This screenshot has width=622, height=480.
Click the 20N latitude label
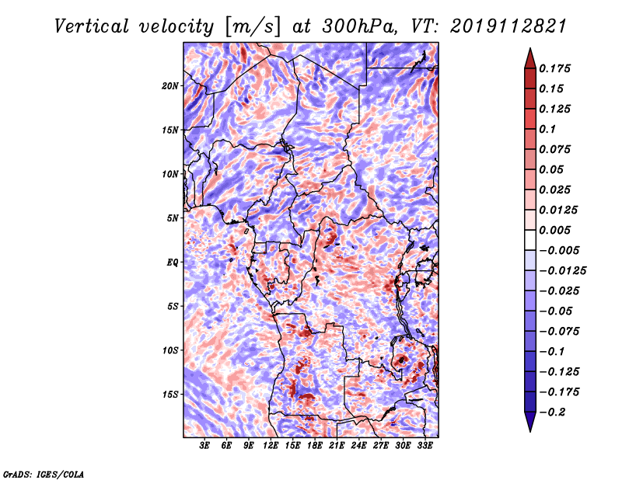[x=169, y=86]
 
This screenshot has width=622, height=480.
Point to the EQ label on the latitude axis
[x=173, y=263]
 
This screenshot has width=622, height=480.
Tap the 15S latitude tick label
[x=170, y=395]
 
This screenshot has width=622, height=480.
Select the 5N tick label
[x=173, y=218]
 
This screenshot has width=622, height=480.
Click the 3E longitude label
[x=204, y=446]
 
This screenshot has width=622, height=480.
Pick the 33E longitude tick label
[x=425, y=446]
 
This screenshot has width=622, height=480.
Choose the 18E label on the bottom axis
[x=315, y=446]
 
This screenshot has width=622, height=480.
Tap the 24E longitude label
[x=358, y=446]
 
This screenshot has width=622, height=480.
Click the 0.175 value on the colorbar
[x=554, y=68]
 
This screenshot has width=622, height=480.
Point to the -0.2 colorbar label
[x=552, y=412]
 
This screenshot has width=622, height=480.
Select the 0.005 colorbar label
[x=554, y=230]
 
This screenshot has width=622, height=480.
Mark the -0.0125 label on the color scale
[x=562, y=271]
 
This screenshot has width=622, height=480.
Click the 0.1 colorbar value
[x=547, y=129]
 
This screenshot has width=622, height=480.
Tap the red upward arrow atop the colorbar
[x=530, y=59]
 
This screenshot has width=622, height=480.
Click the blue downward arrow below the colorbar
[x=530, y=422]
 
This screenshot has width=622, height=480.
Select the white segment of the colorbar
[x=530, y=240]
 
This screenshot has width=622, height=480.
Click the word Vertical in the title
[x=92, y=26]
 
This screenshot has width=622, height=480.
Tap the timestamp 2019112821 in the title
[x=508, y=26]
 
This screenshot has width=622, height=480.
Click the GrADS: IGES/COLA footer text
[x=44, y=474]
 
